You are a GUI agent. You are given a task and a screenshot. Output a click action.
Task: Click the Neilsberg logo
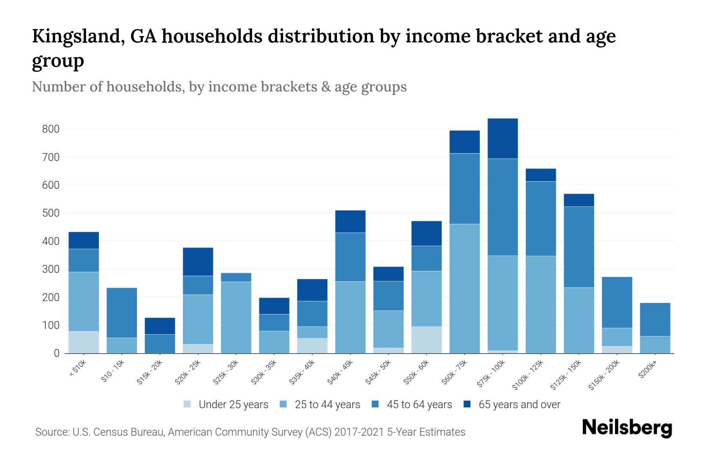pos(627,428)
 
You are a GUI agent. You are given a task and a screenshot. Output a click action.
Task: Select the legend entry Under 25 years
pos(233,405)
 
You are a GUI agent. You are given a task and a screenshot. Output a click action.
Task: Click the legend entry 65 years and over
pos(519,405)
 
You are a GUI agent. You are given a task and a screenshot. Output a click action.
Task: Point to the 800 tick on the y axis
pos(51,129)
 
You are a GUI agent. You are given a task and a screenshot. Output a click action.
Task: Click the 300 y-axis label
pos(51,269)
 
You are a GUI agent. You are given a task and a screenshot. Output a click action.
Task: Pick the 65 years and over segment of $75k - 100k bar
pos(502,139)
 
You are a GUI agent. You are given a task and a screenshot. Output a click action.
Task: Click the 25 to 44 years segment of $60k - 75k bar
pos(464,288)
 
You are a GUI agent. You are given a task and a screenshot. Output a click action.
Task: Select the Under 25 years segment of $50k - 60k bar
pos(426,340)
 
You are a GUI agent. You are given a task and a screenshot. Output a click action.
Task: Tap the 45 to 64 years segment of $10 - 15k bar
pos(122,313)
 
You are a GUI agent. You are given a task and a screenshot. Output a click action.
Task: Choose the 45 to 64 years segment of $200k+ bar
pos(655,319)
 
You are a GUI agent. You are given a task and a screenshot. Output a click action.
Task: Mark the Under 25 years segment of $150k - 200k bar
pos(617,350)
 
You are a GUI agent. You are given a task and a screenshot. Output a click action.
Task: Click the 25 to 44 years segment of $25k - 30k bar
pos(236,317)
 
